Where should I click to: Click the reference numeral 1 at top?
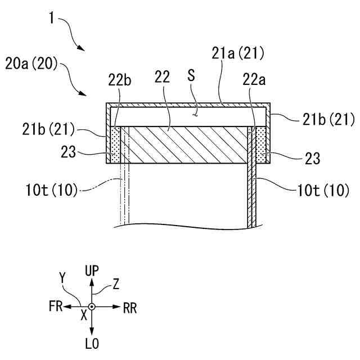click(x=51, y=18)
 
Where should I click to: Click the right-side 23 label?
click(x=312, y=158)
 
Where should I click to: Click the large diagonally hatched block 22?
click(x=186, y=145)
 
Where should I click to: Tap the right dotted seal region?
click(x=262, y=145)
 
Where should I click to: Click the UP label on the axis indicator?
click(x=92, y=271)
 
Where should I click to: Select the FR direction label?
click(x=55, y=308)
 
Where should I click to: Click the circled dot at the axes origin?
click(x=92, y=307)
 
